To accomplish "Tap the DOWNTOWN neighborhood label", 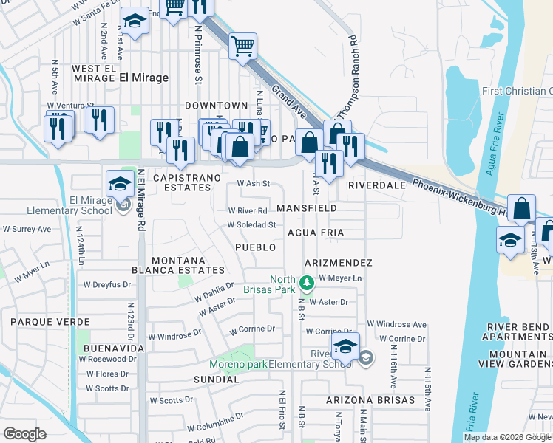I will tap(216, 106).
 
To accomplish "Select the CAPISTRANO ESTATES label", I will tap(182, 182).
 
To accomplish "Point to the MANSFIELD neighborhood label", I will tap(307, 209).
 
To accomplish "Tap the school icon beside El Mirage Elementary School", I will tap(124, 208).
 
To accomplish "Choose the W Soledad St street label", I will tap(251, 225).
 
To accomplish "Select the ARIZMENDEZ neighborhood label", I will tap(336, 263).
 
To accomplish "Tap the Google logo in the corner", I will tap(24, 434).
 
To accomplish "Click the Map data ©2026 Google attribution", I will tap(507, 437).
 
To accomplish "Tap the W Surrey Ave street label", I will tap(26, 229).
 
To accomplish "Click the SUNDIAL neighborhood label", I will tap(216, 380).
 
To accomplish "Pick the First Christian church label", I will tap(517, 91).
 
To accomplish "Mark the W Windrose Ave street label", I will tap(397, 324).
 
